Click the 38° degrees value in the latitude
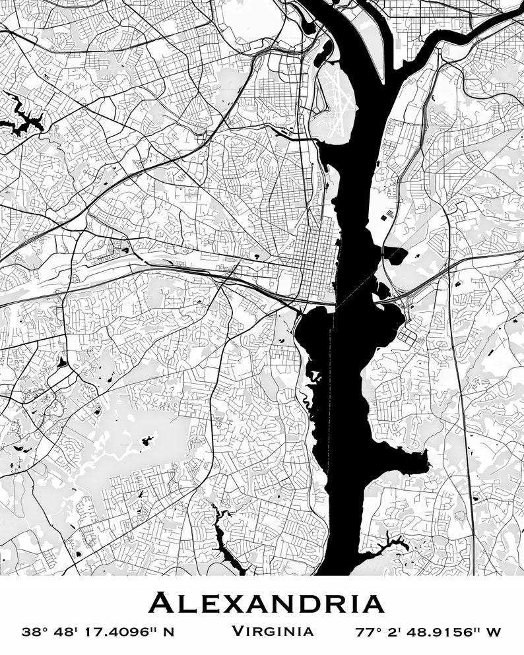click(36, 632)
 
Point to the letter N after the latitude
click(169, 632)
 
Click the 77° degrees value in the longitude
click(368, 632)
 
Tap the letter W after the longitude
click(494, 632)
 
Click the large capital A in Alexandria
click(160, 604)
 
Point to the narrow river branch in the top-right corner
click(462, 33)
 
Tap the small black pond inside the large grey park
click(147, 440)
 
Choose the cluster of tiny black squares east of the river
click(388, 214)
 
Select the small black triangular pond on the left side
click(62, 361)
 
